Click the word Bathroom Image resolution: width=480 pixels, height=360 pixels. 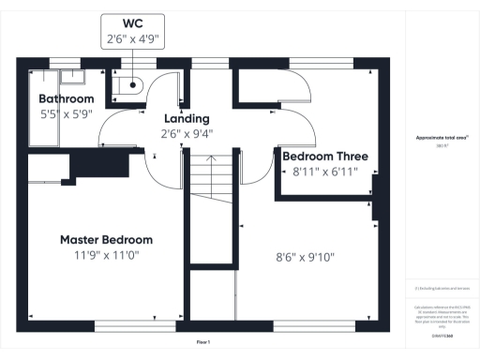pyautogui.click(x=66, y=98)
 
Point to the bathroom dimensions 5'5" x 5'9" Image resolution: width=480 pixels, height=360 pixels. pyautogui.click(x=66, y=114)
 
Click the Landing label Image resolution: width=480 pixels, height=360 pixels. pyautogui.click(x=187, y=118)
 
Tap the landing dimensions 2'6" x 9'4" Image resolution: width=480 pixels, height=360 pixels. pyautogui.click(x=187, y=134)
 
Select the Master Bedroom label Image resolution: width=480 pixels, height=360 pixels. pyautogui.click(x=106, y=239)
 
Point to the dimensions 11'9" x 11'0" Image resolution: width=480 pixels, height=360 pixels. pyautogui.click(x=106, y=256)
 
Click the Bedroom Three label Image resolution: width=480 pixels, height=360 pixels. pyautogui.click(x=325, y=157)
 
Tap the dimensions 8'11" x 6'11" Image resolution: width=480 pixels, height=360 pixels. pyautogui.click(x=325, y=172)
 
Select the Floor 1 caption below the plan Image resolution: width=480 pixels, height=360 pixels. pyautogui.click(x=202, y=343)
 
